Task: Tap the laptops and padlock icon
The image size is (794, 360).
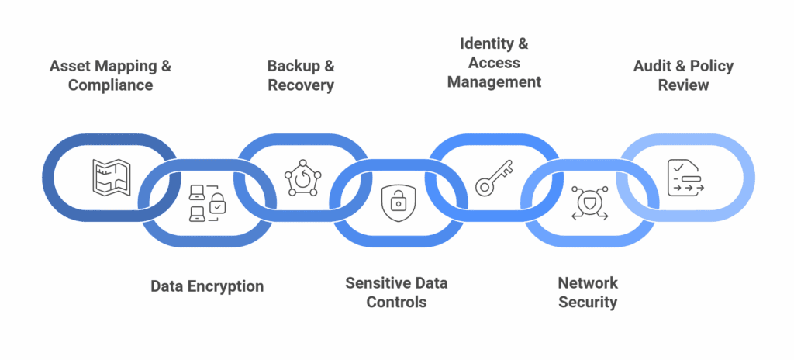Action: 204,203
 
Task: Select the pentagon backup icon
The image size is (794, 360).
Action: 300,176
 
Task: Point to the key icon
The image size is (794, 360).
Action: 494,177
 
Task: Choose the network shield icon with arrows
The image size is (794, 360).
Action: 588,203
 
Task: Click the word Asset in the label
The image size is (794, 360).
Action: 69,66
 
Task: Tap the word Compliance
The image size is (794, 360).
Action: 110,85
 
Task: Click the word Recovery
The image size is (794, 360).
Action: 301,85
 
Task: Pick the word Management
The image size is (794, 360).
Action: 495,81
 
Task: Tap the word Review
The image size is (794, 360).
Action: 684,85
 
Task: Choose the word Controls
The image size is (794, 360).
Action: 396,302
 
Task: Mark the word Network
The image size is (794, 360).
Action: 589,282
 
